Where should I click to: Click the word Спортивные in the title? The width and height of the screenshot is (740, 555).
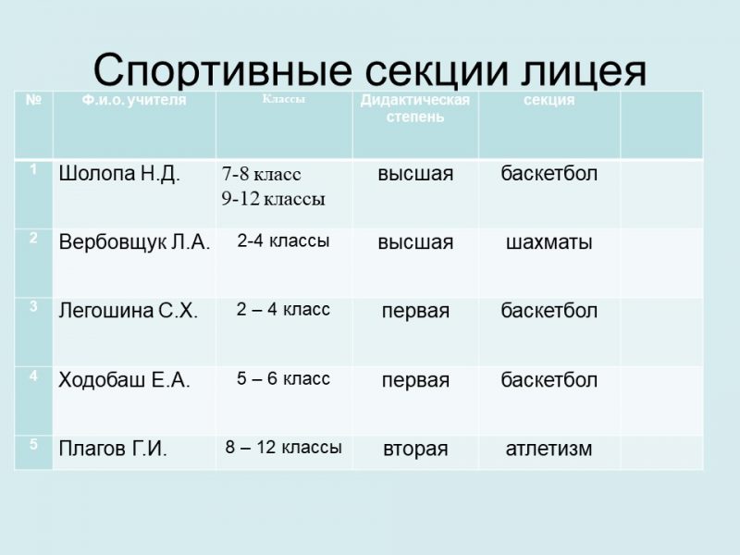223,70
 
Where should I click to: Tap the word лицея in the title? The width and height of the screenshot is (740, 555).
584,72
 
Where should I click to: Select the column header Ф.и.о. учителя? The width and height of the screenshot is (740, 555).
134,100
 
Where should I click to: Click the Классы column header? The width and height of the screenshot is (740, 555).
284,99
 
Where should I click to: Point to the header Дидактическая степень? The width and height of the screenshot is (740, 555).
414,108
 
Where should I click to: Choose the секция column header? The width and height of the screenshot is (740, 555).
549,100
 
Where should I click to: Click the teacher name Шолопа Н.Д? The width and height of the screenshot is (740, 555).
119,174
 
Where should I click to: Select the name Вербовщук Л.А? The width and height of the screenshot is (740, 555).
134,242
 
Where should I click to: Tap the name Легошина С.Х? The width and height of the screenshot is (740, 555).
128,311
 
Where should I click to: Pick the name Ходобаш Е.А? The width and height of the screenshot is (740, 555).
124,380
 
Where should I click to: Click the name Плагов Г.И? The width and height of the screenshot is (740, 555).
113,449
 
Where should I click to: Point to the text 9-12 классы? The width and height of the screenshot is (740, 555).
273,199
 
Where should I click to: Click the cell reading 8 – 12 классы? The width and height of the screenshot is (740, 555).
283,447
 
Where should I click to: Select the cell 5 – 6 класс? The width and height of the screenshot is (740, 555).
283,378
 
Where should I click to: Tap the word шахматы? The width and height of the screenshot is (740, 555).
549,242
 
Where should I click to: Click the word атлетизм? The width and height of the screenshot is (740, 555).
549,449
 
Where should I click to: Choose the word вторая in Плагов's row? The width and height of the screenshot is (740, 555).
415,450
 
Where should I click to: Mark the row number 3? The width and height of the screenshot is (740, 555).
33,306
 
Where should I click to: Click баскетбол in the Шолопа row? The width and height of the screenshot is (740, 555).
549,174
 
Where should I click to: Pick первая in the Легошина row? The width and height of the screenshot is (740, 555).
415,312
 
